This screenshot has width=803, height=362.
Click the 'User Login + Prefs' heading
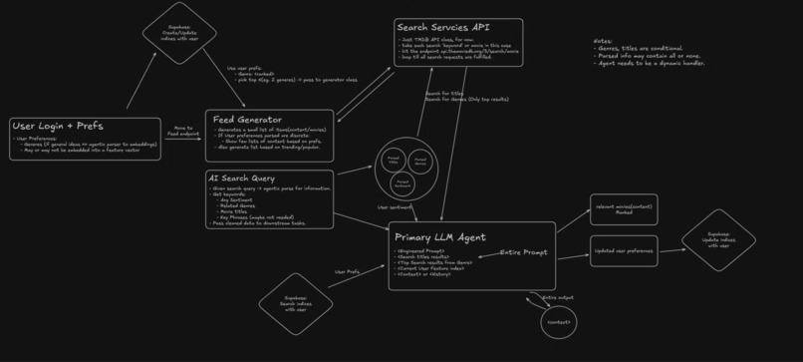(x=57, y=127)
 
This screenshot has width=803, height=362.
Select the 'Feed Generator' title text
(x=247, y=120)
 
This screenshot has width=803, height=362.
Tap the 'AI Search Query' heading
(x=242, y=178)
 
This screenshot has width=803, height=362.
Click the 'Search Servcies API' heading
(x=443, y=27)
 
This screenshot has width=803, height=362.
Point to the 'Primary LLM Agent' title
(x=439, y=237)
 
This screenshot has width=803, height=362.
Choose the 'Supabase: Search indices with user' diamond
(x=295, y=304)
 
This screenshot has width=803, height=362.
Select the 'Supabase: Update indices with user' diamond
(x=717, y=240)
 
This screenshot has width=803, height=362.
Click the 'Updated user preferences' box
(x=624, y=250)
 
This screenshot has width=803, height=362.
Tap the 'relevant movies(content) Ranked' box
(x=624, y=209)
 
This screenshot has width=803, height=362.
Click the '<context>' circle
(x=559, y=322)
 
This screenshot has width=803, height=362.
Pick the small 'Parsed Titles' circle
(x=393, y=160)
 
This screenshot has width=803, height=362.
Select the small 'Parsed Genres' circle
(x=419, y=160)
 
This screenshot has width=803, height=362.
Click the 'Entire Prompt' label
(x=523, y=252)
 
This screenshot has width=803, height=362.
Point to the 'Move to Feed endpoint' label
(x=183, y=130)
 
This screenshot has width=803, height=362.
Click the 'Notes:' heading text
(x=602, y=41)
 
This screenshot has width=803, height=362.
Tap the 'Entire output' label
(x=558, y=297)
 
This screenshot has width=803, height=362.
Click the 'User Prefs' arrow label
(x=347, y=270)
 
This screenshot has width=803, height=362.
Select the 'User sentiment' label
(x=395, y=207)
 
